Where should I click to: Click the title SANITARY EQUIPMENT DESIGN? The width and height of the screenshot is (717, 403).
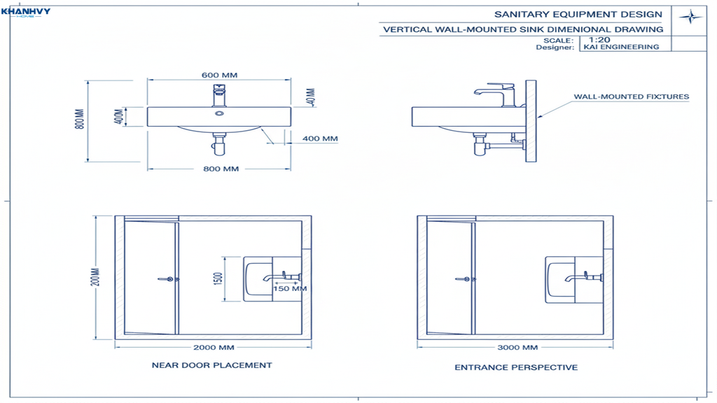578,15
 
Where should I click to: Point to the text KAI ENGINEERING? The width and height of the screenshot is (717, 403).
620,48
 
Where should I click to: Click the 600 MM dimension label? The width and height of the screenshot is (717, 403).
219,75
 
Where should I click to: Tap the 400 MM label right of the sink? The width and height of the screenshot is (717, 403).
320,139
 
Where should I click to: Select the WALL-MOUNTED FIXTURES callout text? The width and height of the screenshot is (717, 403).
631,97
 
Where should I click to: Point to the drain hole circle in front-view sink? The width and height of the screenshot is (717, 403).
219,113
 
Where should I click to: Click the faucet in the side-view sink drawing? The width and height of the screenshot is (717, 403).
497,94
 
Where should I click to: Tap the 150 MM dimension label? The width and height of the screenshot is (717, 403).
290,288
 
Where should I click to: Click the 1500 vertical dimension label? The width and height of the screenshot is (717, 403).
218,278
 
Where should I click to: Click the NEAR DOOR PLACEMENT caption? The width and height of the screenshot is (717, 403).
211,365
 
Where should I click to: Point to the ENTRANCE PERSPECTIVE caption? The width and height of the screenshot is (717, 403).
516,367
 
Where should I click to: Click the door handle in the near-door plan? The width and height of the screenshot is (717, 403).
165,278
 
